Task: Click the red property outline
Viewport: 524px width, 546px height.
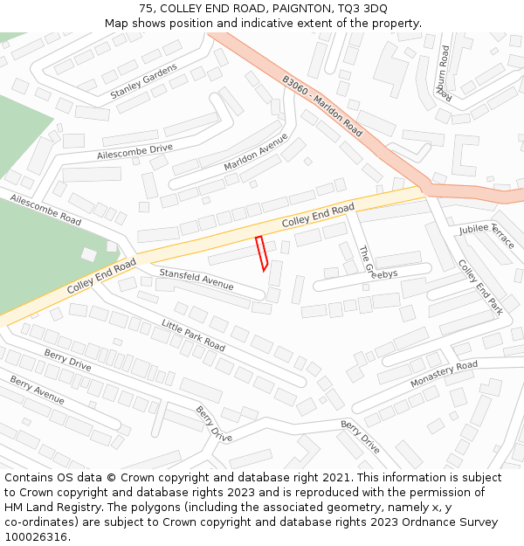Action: (x=261, y=253)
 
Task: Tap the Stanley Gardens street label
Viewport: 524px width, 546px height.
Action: (x=143, y=80)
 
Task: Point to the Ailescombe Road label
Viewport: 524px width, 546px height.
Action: (x=45, y=211)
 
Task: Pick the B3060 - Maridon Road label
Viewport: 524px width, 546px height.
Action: (x=322, y=105)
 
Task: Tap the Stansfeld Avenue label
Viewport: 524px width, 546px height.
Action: (x=196, y=280)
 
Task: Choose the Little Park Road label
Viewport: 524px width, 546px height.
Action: (x=193, y=335)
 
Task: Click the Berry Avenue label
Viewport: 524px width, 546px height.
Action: (x=38, y=390)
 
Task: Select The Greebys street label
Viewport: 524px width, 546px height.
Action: (x=377, y=262)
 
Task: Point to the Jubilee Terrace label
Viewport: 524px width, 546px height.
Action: (x=486, y=235)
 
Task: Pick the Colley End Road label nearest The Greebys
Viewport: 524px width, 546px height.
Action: (x=318, y=217)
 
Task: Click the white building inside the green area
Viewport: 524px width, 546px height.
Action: (x=88, y=254)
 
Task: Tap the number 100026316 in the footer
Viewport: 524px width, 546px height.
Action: (x=35, y=536)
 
